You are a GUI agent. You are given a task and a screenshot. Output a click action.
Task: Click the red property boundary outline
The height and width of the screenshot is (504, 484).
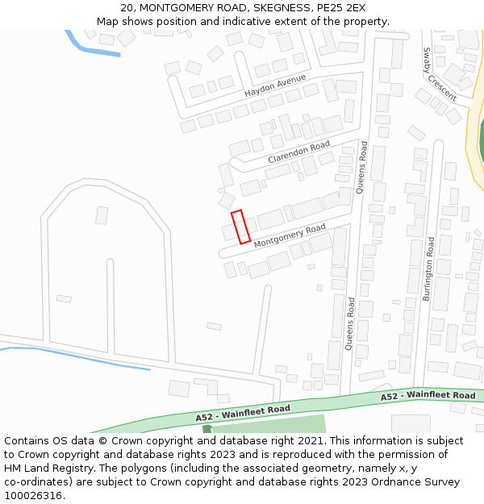[240, 227]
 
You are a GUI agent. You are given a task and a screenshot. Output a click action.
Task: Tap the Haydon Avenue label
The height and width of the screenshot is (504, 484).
[275, 85]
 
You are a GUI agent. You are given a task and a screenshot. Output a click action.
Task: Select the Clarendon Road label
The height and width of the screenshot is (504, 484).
[299, 151]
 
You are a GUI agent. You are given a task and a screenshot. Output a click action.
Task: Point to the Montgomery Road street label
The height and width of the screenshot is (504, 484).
[290, 236]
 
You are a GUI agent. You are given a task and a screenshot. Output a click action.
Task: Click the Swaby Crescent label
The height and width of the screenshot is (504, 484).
[440, 73]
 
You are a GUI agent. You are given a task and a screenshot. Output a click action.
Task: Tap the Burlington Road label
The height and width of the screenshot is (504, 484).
[428, 269]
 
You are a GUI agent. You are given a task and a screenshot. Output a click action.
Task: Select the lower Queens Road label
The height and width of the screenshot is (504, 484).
[350, 323]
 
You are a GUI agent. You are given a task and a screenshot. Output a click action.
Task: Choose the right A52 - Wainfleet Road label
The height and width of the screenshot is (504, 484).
[428, 396]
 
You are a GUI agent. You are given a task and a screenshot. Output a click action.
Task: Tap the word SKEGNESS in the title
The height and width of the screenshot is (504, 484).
[269, 8]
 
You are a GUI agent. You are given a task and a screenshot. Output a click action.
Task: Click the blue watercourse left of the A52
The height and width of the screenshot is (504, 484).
[81, 356]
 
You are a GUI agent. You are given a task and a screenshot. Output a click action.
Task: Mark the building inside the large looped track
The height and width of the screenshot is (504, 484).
[102, 215]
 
